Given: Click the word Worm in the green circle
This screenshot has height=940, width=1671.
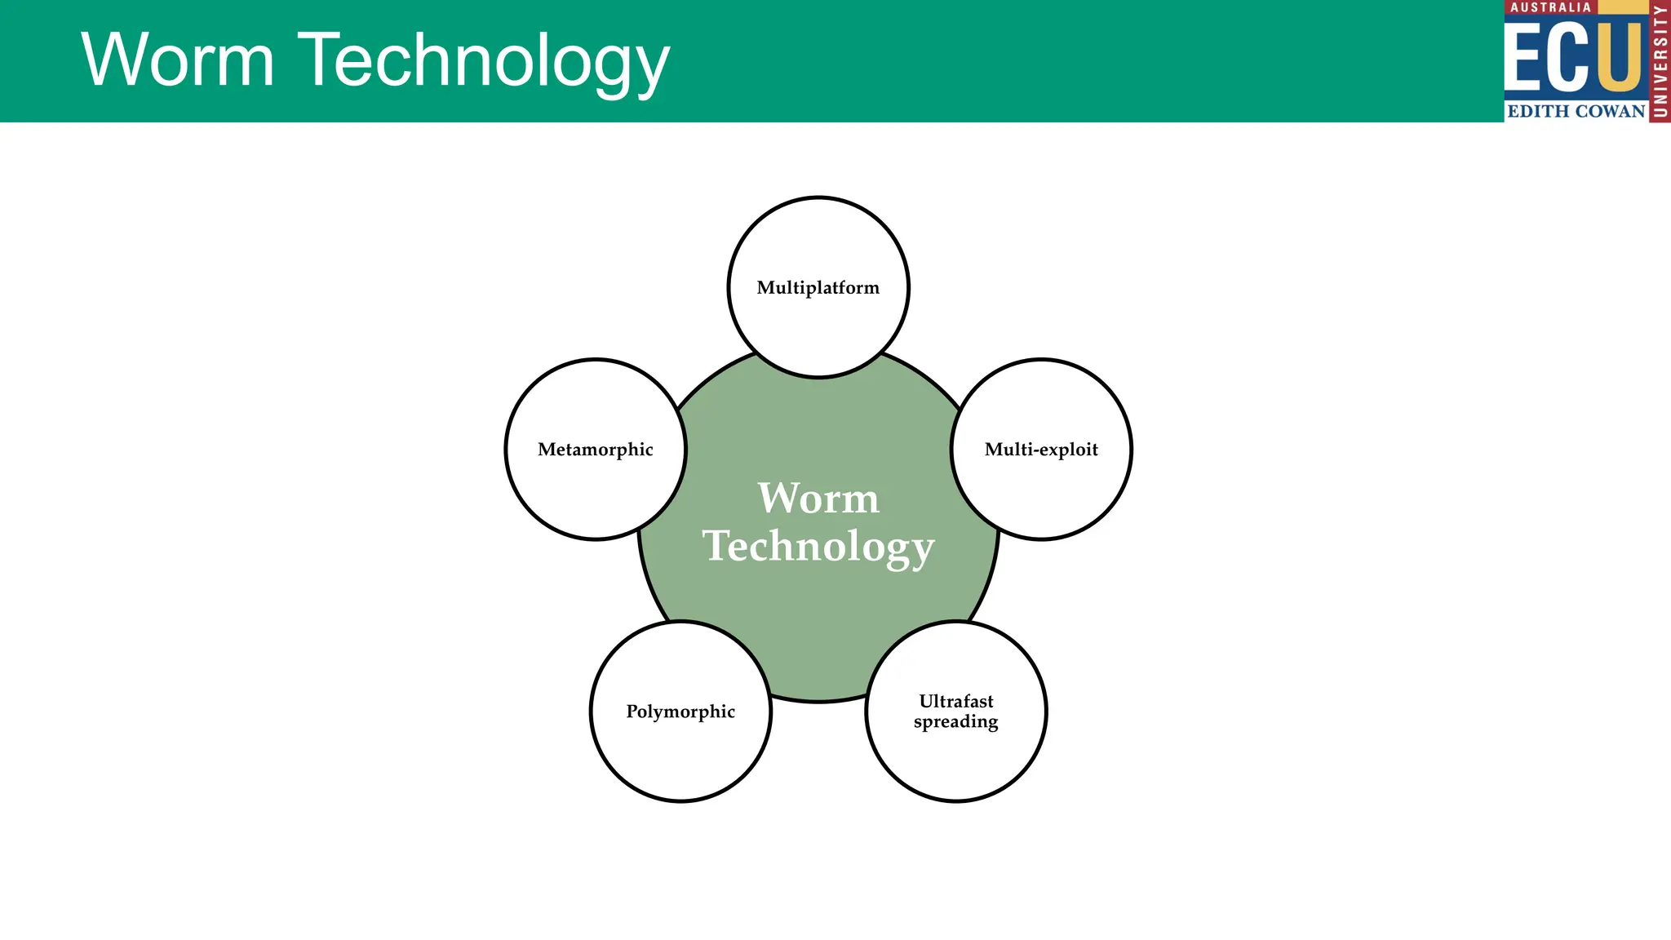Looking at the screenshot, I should (818, 499).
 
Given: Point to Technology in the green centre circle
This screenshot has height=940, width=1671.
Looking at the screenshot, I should (818, 547).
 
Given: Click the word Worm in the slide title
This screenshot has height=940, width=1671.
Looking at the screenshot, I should (178, 60).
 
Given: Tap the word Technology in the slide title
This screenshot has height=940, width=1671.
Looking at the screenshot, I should (487, 62).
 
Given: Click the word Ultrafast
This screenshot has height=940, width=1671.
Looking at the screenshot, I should (956, 701).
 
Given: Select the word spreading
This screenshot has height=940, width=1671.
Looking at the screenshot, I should (956, 722).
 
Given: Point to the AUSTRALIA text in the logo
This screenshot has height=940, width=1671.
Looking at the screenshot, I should (1550, 7).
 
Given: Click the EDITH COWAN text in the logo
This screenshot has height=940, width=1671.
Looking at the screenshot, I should (1576, 112).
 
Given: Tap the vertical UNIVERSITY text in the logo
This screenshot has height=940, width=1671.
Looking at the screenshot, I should (1660, 61).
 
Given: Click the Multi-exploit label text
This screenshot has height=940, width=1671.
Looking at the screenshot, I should (1041, 450).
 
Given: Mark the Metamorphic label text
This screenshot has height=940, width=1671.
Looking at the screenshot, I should (596, 450).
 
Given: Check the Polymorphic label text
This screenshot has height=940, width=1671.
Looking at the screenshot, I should (680, 712).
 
